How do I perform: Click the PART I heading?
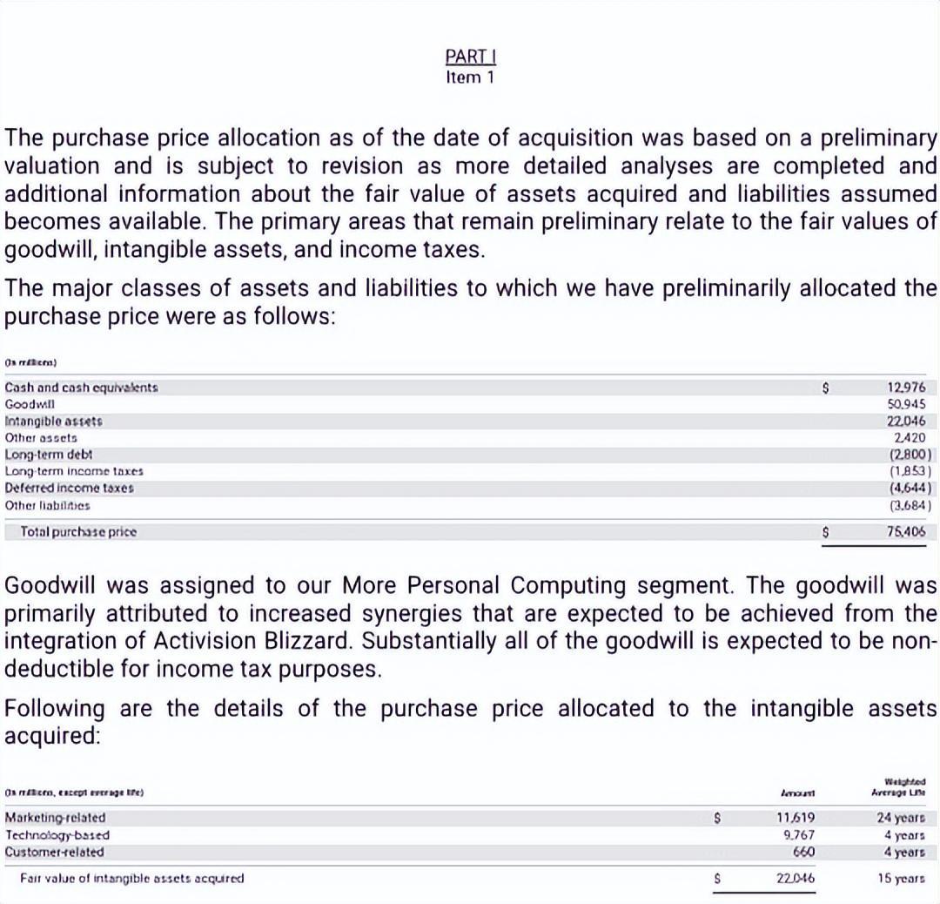point(470,57)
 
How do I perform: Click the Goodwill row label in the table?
point(30,404)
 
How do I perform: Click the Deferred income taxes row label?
point(70,488)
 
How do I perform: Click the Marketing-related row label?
point(55,818)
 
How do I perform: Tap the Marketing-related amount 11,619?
point(795,818)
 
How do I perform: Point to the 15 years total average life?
point(901,878)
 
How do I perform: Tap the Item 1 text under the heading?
point(470,78)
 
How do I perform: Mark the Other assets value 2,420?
point(910,437)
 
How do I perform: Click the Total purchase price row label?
point(78,530)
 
